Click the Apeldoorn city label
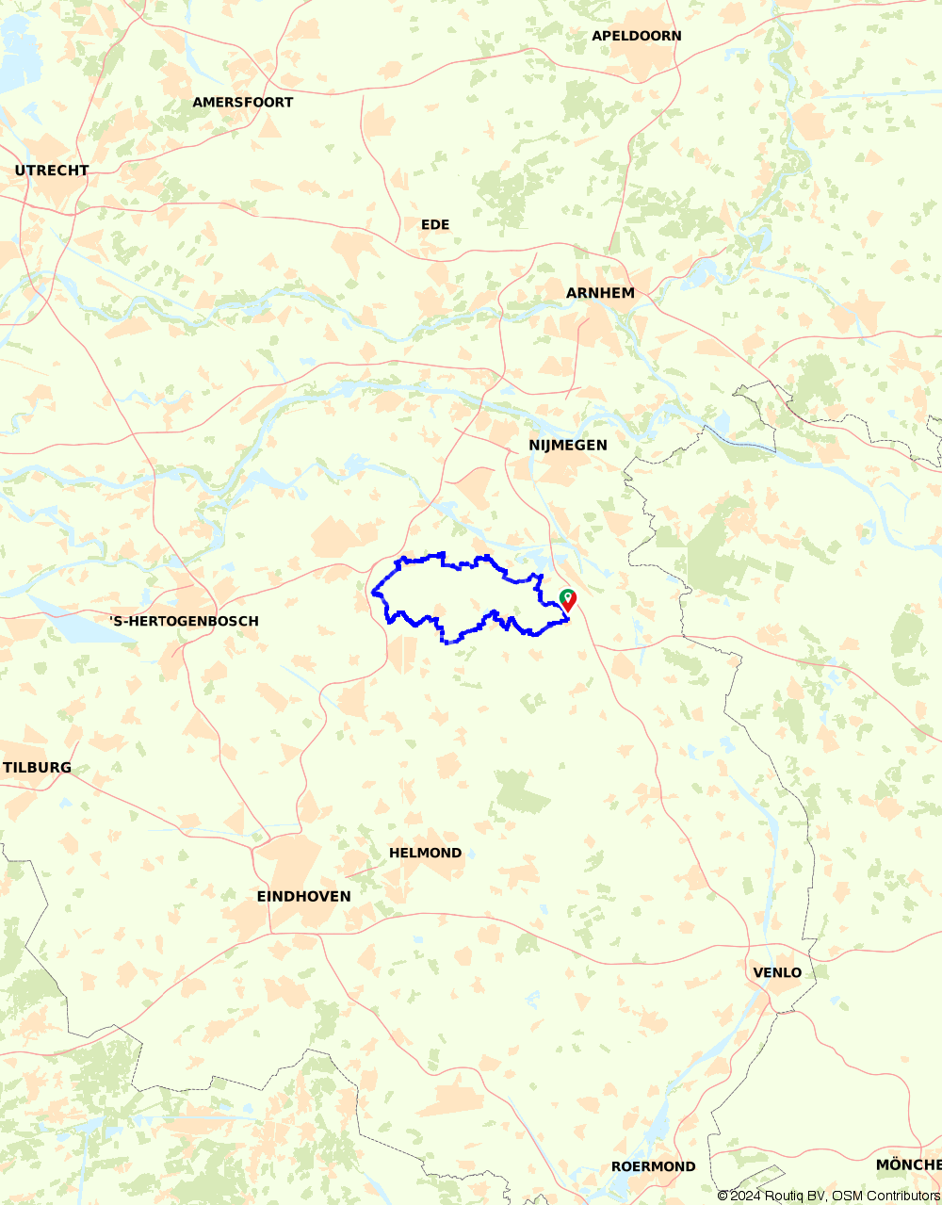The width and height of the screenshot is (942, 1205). tap(636, 36)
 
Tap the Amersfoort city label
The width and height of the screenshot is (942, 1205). tap(242, 102)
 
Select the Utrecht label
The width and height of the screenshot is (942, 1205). tap(52, 171)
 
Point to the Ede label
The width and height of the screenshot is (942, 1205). tap(435, 224)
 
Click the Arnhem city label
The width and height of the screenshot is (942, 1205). tap(600, 293)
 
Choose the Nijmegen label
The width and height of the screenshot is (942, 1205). tap(567, 445)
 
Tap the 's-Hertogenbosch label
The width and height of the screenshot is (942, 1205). tap(184, 621)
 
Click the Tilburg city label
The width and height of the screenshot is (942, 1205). tap(38, 767)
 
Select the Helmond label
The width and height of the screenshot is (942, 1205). tap(425, 853)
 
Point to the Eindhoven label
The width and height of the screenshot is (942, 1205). tap(303, 896)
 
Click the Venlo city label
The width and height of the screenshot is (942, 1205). tap(777, 972)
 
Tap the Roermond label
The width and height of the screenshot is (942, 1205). tap(653, 1166)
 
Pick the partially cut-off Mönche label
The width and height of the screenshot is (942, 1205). tap(908, 1164)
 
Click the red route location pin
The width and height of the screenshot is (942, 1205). tap(568, 600)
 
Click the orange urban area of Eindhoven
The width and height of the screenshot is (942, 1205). tap(292, 862)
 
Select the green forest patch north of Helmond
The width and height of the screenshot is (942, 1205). tap(520, 793)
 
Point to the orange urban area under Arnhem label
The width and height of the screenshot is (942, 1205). tap(593, 325)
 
